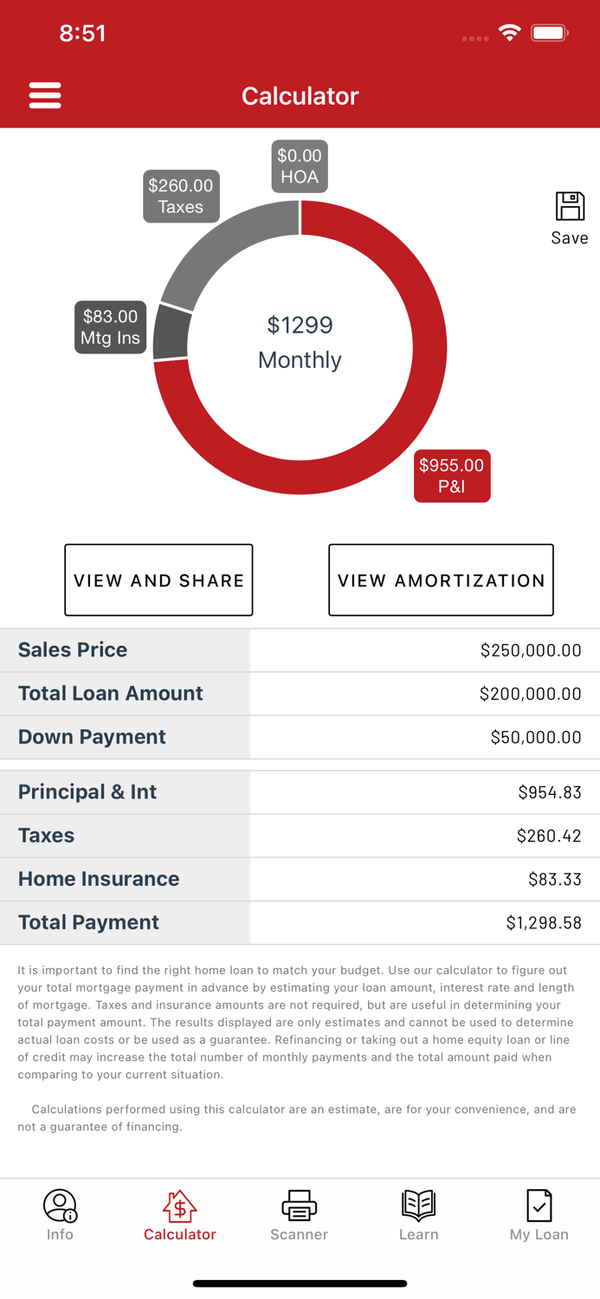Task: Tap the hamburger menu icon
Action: coord(45,95)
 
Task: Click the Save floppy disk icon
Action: coord(570,208)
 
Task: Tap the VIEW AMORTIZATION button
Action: coord(441,580)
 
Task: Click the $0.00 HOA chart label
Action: coord(300,166)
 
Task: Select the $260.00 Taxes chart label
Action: coord(181,197)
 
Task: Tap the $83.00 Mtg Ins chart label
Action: coord(110,327)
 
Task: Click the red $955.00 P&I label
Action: coord(452,475)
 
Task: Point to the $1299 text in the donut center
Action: coord(300,325)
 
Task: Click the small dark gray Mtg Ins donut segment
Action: coord(171,333)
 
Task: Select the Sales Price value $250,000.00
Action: coord(530,650)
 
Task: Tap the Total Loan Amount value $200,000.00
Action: coord(530,694)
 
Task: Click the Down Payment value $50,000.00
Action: coord(535,737)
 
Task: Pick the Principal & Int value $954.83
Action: coord(549,792)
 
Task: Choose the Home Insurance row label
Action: coord(99,879)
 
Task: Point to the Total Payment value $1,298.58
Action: coord(543,923)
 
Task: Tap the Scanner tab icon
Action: coord(299,1205)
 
